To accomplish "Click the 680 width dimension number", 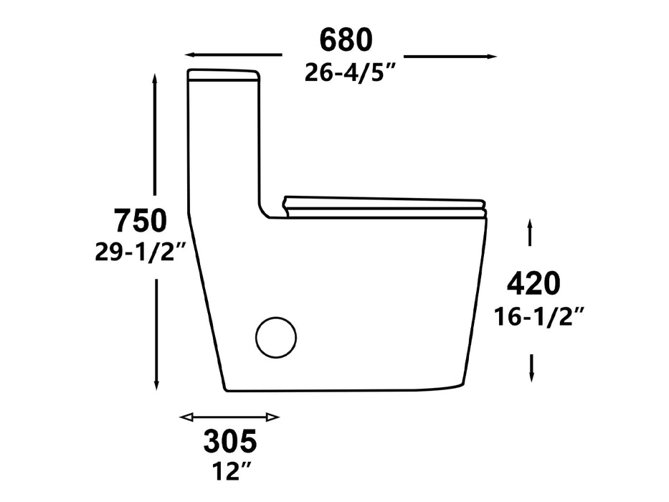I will click(346, 41).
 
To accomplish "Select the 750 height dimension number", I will click(141, 221).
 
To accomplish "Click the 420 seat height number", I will click(533, 285).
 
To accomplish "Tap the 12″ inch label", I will click(229, 472).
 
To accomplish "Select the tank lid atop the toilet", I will click(223, 75).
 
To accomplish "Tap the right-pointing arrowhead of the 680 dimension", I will click(491, 56).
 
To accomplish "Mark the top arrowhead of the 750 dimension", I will click(156, 80).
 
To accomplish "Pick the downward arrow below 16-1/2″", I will click(531, 367).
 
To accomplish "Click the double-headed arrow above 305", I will click(229, 417).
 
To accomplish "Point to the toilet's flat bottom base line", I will click(344, 391).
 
